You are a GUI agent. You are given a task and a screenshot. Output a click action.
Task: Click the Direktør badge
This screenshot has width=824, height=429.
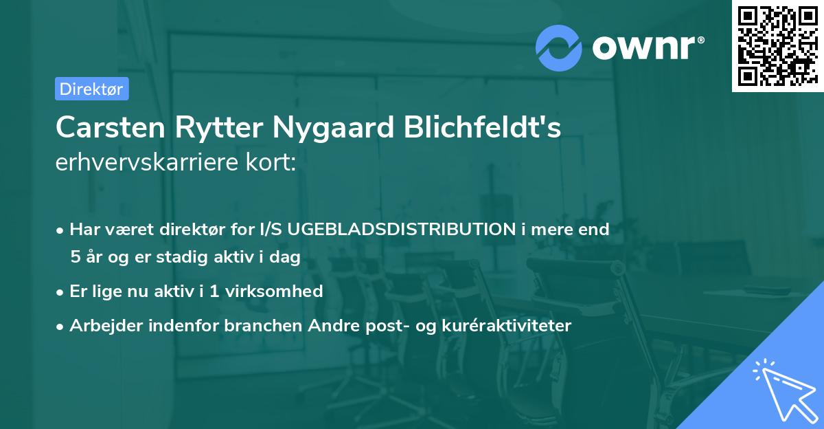(91, 89)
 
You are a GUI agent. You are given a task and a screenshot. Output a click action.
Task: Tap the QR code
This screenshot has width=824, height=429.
(777, 45)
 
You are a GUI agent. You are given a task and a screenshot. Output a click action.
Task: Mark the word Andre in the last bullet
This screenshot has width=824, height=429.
(334, 325)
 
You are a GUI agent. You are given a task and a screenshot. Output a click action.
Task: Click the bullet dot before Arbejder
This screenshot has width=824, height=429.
(61, 326)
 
